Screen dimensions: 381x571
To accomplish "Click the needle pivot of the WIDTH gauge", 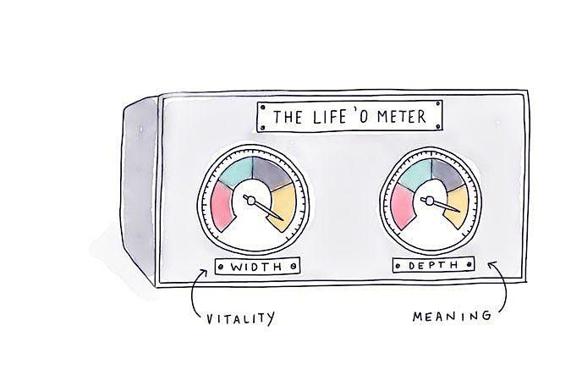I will tap(251, 201).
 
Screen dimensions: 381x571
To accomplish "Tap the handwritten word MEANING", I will tap(451, 317).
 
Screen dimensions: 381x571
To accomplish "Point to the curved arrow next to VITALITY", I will tap(196, 292).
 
